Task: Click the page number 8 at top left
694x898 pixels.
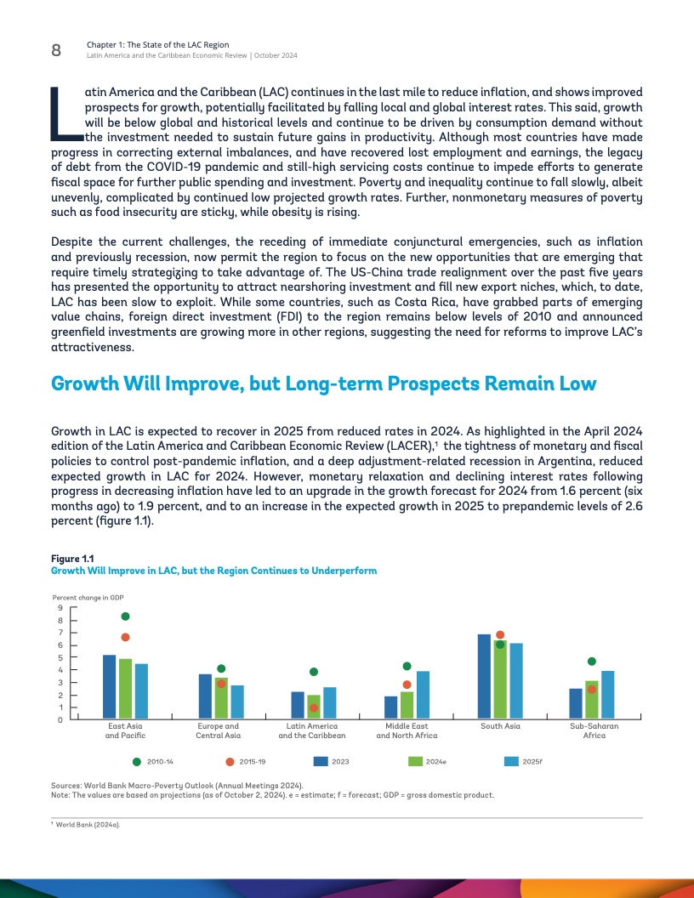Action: tap(56, 50)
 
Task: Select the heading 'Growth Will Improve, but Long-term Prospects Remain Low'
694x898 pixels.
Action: tap(324, 384)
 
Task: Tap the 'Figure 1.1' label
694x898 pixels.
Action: tap(72, 558)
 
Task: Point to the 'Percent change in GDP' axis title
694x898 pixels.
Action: tap(88, 598)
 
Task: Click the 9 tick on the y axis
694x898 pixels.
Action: tap(60, 607)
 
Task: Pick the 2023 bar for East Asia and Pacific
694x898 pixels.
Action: tap(109, 687)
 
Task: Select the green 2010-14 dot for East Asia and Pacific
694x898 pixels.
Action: tap(125, 617)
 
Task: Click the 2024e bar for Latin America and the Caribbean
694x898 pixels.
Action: tap(314, 707)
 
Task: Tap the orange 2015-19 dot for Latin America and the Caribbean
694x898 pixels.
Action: tap(314, 708)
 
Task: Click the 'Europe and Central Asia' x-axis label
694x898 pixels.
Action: tap(218, 730)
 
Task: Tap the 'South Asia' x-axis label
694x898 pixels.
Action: tap(500, 726)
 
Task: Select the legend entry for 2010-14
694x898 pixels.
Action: tap(154, 761)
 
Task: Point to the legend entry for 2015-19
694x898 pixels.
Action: tap(247, 761)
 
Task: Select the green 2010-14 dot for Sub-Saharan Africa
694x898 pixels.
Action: tap(592, 661)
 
